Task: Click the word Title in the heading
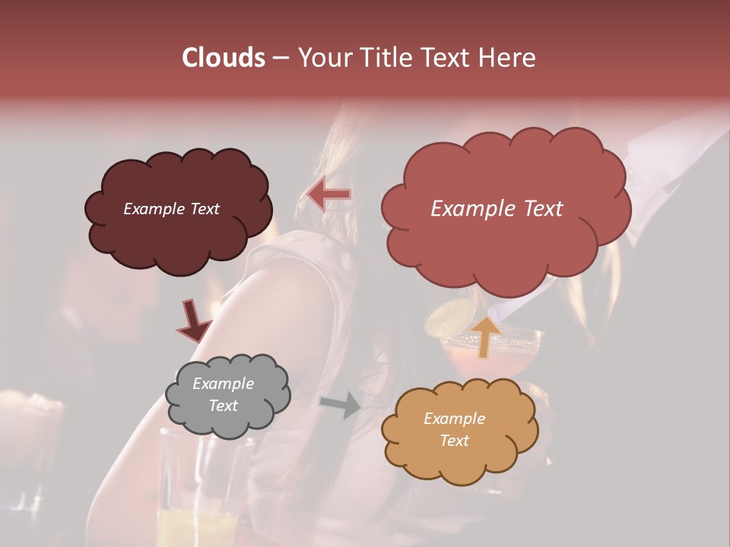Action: [384, 58]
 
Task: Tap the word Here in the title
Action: [507, 58]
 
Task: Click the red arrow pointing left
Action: [329, 194]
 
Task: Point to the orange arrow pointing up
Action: [486, 337]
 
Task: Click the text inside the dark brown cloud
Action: [171, 209]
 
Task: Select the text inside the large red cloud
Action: [497, 209]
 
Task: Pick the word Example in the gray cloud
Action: [223, 384]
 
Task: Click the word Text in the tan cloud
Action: [454, 441]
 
